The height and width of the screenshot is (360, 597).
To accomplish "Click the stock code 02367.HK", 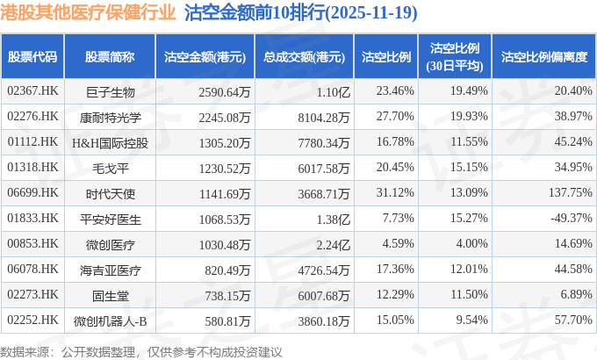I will pyautogui.click(x=32, y=90).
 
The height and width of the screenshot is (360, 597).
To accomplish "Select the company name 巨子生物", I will pyautogui.click(x=110, y=90).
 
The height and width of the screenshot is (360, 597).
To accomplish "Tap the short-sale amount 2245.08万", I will pyautogui.click(x=201, y=116).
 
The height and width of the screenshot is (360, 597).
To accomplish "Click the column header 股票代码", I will pyautogui.click(x=32, y=57).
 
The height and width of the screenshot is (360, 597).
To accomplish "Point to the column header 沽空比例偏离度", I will pyautogui.click(x=543, y=57).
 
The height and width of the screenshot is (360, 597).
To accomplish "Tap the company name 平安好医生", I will pyautogui.click(x=110, y=218).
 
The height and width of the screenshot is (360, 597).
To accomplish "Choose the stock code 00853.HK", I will pyautogui.click(x=32, y=243).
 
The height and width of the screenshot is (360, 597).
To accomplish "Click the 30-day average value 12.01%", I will pyautogui.click(x=467, y=269).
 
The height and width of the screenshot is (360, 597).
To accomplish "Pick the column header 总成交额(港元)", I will pyautogui.click(x=303, y=57).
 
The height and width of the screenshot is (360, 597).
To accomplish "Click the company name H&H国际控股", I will pyautogui.click(x=110, y=141).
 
